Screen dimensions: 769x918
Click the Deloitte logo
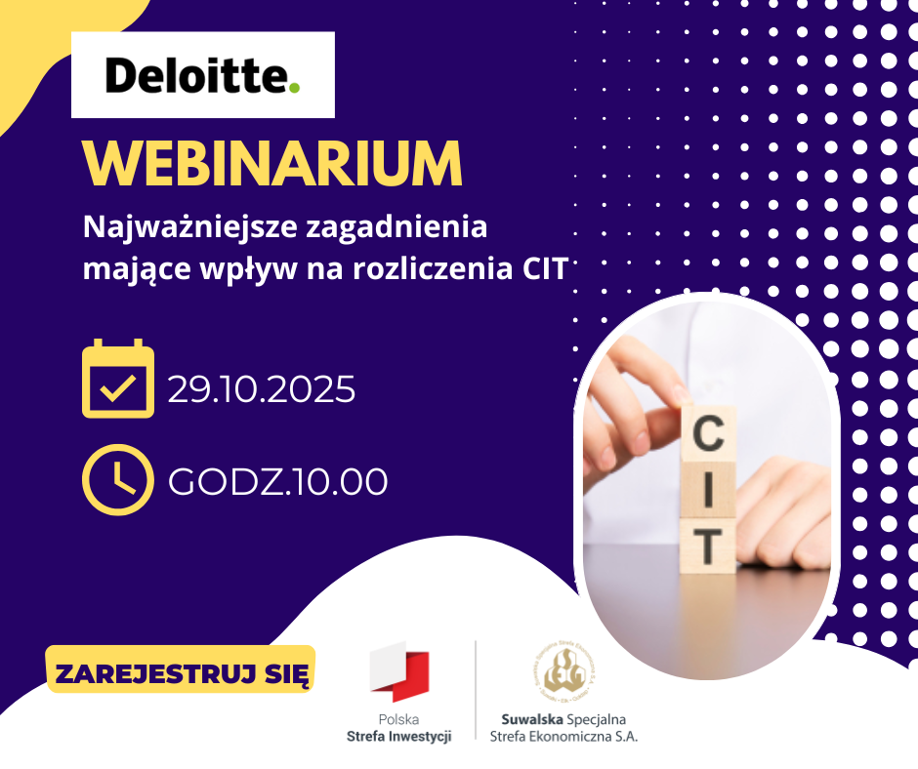tap(203, 76)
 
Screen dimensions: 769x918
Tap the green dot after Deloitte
tap(294, 89)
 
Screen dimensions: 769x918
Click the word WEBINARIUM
tap(272, 165)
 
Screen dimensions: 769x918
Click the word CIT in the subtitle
tap(539, 268)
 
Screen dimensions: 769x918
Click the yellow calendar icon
tap(118, 379)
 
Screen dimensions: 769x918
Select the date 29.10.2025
tap(261, 389)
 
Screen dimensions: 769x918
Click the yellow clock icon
tap(118, 478)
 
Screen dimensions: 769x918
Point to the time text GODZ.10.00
tap(278, 481)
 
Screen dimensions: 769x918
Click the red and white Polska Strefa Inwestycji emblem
tap(399, 670)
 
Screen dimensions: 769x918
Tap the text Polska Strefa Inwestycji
tap(399, 728)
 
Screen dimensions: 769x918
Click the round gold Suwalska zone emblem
tap(564, 670)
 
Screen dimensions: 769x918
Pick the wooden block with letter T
tap(710, 542)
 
